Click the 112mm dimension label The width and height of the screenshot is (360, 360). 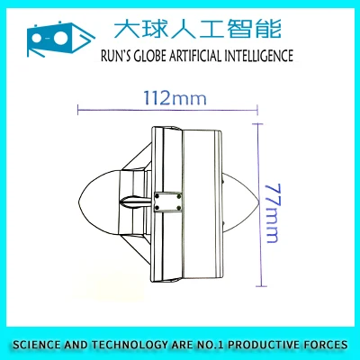click(175, 98)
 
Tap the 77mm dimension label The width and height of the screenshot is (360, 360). click(274, 213)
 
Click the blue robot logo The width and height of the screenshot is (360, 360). click(61, 39)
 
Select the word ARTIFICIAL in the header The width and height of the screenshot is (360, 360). click(196, 56)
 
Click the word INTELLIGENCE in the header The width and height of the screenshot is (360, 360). click(259, 56)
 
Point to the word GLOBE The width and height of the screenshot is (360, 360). click(150, 56)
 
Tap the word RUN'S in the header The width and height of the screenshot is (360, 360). click(116, 56)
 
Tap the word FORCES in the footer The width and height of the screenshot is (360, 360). click(326, 345)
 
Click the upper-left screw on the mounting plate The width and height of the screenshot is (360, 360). click(157, 196)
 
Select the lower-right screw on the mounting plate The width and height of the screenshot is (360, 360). click(179, 208)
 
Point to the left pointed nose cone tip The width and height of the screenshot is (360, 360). click(78, 202)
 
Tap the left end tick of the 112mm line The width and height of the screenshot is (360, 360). click(77, 110)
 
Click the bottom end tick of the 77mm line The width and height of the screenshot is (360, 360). click(262, 286)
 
